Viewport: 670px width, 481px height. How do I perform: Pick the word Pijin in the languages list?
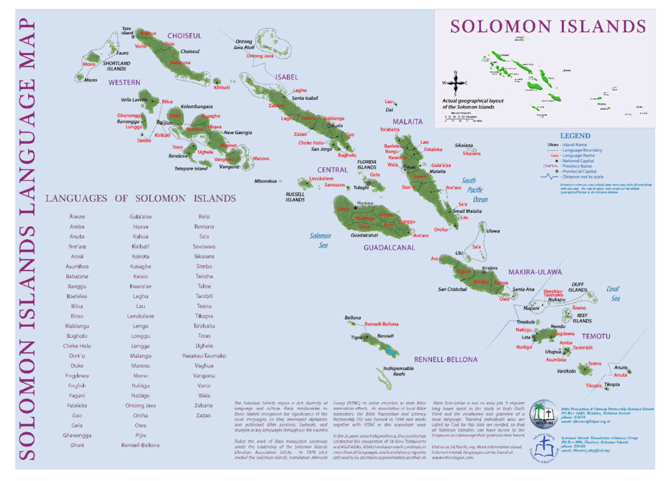tap(140, 435)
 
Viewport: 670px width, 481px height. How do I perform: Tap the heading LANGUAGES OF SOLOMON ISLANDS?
tap(140, 199)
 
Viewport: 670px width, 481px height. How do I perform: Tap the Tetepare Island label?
tap(192, 169)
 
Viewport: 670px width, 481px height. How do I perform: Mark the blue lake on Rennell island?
tap(391, 352)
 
